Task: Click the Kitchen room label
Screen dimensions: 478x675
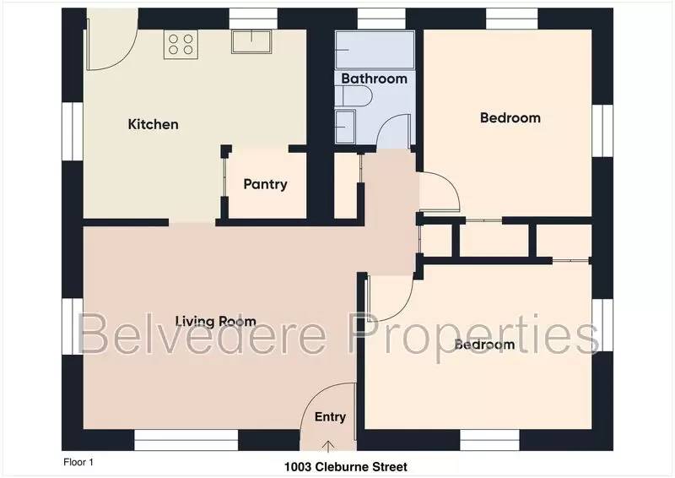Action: (153, 125)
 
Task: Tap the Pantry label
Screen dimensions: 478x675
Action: (265, 184)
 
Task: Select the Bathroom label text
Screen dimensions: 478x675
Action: (374, 79)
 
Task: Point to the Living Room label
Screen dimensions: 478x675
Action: (215, 321)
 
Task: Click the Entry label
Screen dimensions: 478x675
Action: (330, 417)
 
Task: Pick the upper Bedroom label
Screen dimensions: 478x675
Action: (510, 118)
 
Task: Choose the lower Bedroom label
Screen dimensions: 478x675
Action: (484, 345)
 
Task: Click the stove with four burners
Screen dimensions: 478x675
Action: (181, 43)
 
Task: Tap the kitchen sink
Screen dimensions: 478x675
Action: (251, 41)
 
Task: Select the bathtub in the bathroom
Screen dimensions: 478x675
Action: (375, 50)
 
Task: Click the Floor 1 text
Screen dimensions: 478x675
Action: (78, 462)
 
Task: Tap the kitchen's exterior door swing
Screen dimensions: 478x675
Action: (108, 51)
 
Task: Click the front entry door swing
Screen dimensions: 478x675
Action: (324, 405)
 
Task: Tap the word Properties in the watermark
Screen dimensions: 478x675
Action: (476, 333)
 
